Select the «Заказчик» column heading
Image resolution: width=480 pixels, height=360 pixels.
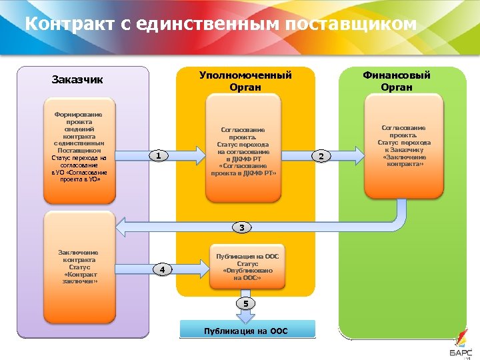coord(77,80)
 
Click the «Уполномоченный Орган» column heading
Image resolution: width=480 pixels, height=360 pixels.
coord(245,81)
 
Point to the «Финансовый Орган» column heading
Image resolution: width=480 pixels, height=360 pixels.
coord(397,81)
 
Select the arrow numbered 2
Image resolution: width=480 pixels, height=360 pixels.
coord(322,156)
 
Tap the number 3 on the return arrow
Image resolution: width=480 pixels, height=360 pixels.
coord(243,228)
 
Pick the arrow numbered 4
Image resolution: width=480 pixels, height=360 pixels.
coord(163,269)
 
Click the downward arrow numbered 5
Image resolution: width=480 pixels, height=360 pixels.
coord(245,304)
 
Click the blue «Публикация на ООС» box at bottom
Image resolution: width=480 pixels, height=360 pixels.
coord(246,330)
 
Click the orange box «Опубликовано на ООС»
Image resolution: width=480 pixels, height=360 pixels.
coord(247,267)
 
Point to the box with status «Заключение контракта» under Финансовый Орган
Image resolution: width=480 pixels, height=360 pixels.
coord(404,145)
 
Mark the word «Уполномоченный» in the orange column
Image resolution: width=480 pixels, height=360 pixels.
coord(245,75)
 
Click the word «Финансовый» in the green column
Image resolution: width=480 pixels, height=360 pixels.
coord(397,75)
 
